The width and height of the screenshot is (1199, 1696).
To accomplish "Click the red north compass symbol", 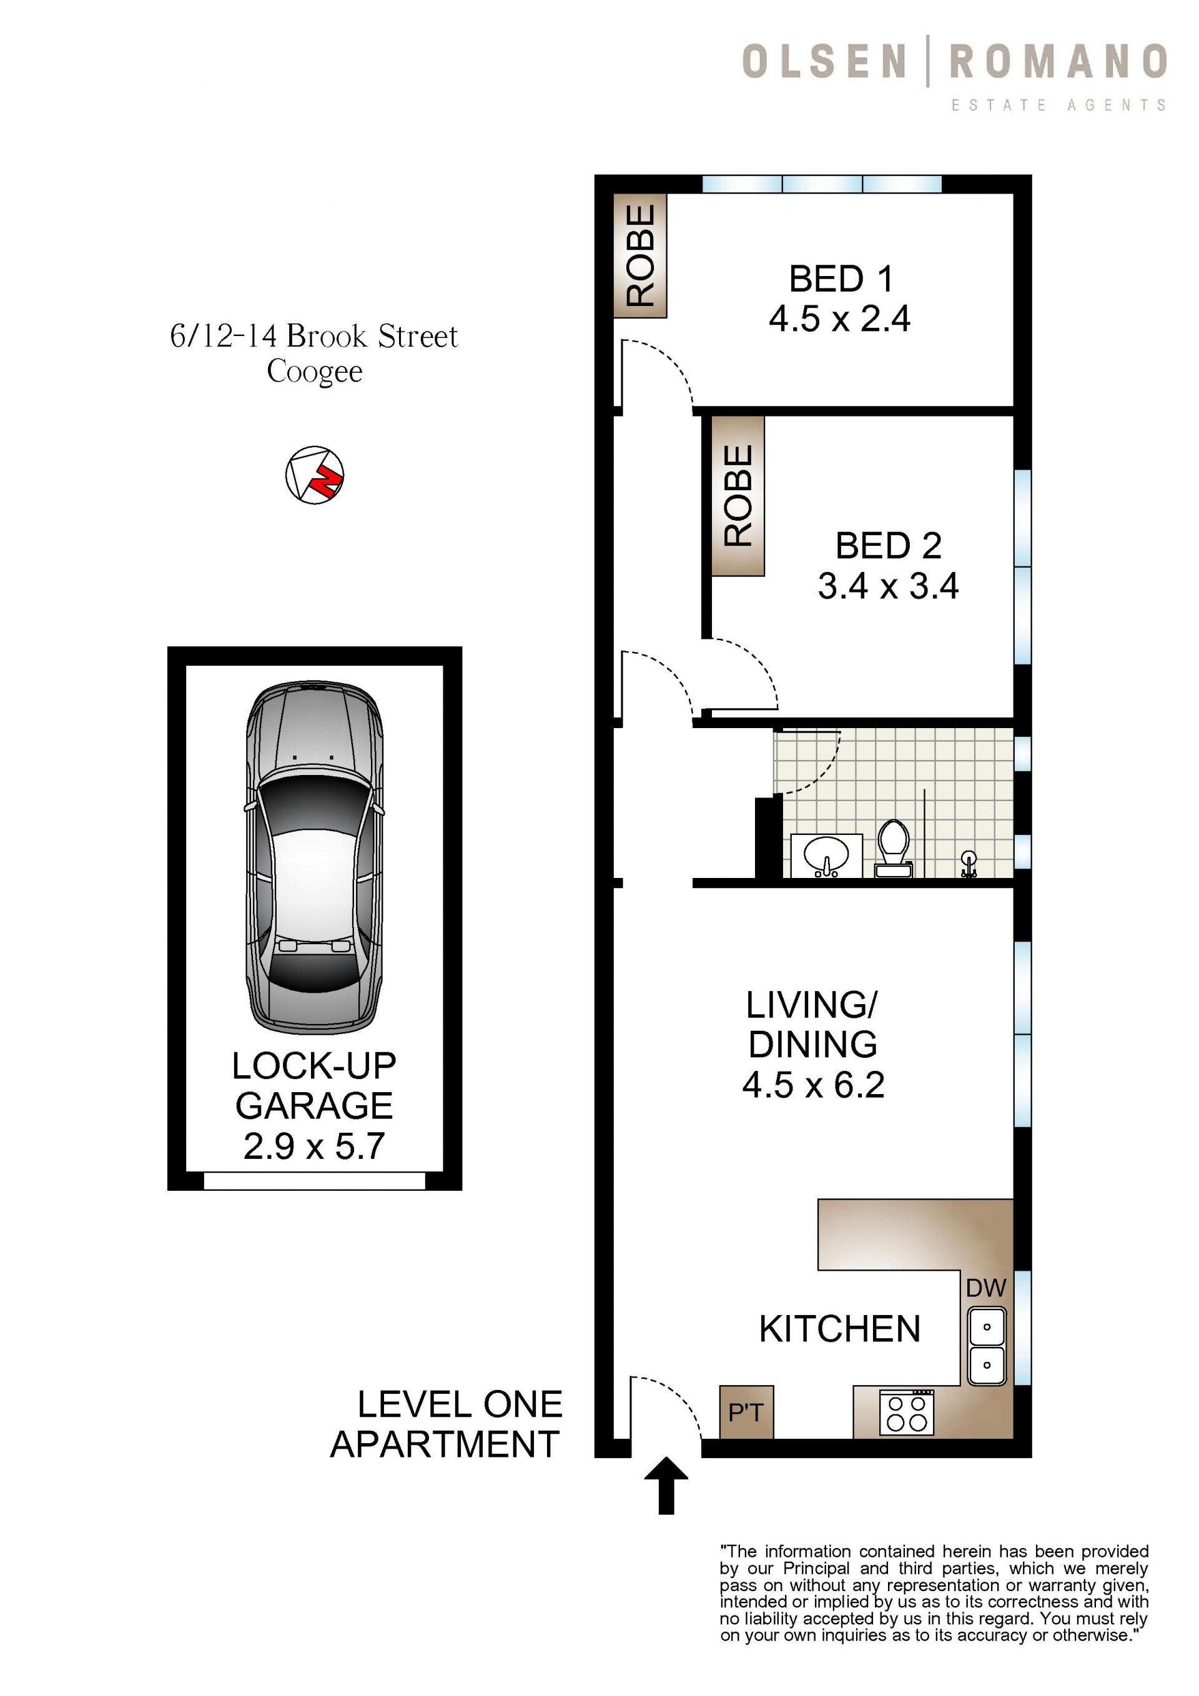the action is point(315,475).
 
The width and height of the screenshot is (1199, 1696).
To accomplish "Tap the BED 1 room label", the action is point(841,279).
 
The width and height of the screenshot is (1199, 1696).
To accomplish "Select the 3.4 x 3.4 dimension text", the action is point(888,586).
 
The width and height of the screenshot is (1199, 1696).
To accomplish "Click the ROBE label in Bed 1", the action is point(641,255).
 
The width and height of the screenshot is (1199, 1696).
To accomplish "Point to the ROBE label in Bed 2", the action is point(738,496).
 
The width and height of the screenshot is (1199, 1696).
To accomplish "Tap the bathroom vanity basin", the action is point(826,856).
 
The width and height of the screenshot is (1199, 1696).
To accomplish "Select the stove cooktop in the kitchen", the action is point(907,1412).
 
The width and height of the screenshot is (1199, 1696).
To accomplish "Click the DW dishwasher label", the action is point(986,1288).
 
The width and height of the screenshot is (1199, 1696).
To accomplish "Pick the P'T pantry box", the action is point(746,1412).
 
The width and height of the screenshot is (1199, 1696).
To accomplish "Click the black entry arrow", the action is point(666,1485).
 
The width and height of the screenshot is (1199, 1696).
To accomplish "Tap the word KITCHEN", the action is point(840,1329).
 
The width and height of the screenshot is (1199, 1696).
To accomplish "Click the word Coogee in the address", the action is point(315,372).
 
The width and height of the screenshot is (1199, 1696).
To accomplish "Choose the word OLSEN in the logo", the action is point(824,61).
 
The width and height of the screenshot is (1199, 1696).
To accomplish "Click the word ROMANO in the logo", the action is point(1058,61).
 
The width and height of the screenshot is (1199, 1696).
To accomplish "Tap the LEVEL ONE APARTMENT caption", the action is point(447,1424).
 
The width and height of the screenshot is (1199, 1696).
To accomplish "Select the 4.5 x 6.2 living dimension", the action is point(813,1085).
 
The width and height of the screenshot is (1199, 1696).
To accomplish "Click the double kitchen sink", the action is point(987,1346).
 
